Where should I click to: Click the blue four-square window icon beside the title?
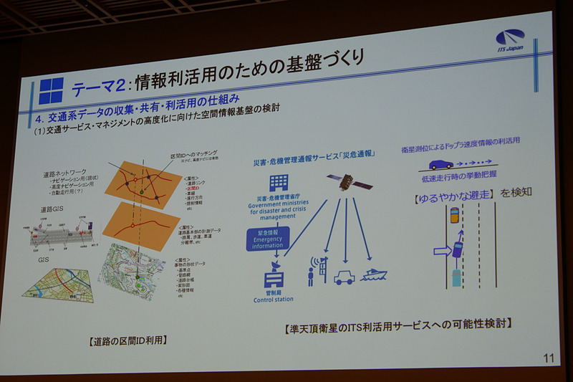pos(51,90)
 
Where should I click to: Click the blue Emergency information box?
pos(268,239)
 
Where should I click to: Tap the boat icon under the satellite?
pos(376,274)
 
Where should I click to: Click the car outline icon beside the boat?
pos(344,277)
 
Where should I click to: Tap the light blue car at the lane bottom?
pos(456,276)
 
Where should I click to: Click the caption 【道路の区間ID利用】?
pos(129,340)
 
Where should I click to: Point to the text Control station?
pos(274,299)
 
